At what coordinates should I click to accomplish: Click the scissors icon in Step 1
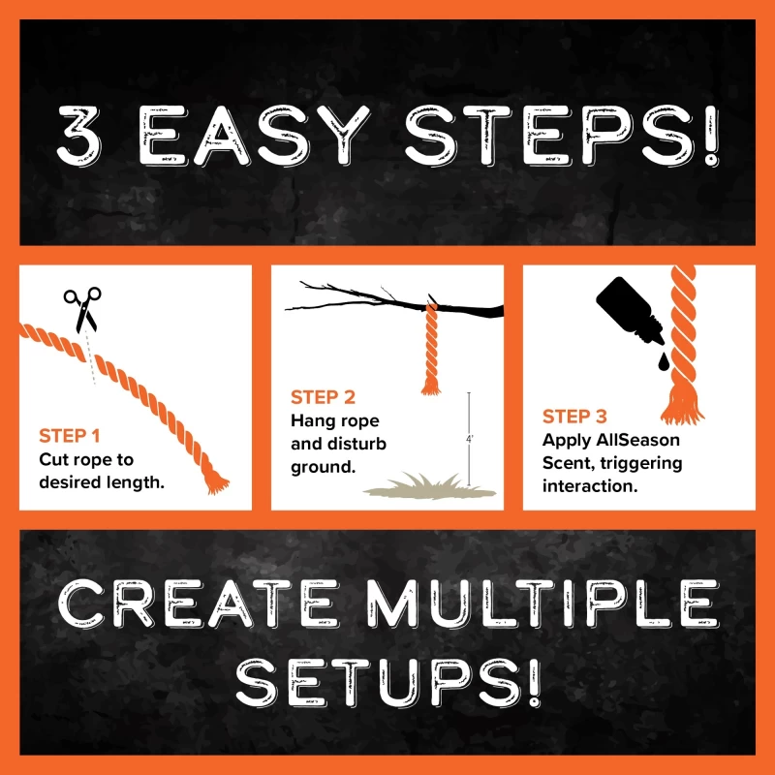82,309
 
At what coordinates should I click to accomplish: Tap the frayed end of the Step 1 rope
216,481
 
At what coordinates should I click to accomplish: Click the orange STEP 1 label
70,436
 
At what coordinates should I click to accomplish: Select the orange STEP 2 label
323,397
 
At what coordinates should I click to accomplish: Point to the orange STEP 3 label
574,417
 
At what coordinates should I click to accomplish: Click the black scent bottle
629,310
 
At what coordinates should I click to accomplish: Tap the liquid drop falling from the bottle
663,361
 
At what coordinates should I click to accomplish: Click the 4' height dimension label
470,439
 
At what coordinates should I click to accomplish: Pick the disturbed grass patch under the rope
429,487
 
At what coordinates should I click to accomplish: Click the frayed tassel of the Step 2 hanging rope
431,387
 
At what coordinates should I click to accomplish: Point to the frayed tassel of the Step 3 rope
683,406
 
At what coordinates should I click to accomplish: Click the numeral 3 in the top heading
79,135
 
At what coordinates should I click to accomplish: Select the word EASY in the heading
254,135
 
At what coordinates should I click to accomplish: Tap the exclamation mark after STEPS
711,136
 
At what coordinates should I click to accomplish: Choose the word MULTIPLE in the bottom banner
542,604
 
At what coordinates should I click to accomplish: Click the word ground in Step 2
324,467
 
